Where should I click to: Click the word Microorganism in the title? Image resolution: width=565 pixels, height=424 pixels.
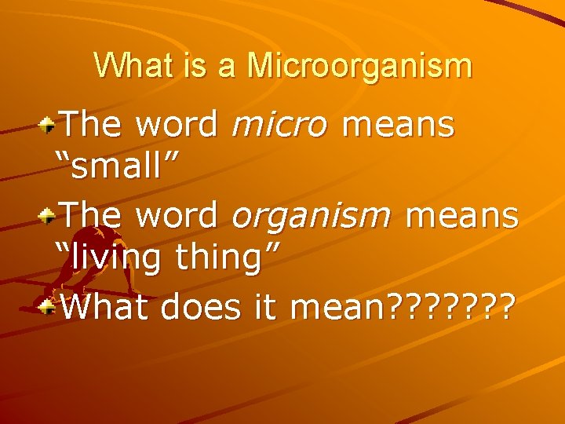359,66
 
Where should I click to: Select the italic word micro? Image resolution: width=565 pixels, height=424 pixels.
279,124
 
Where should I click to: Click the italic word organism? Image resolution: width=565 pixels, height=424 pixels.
311,215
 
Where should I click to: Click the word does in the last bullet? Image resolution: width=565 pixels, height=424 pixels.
202,307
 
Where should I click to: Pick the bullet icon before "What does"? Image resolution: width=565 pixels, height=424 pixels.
49,305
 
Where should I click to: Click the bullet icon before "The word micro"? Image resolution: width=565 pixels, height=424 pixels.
49,122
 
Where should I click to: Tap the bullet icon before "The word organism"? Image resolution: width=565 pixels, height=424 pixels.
49,214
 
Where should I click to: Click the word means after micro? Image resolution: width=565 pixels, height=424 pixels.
399,124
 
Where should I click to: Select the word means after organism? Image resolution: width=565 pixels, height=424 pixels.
462,215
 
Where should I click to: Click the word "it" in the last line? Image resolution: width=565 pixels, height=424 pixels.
267,307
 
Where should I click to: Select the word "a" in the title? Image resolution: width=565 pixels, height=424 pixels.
227,66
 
